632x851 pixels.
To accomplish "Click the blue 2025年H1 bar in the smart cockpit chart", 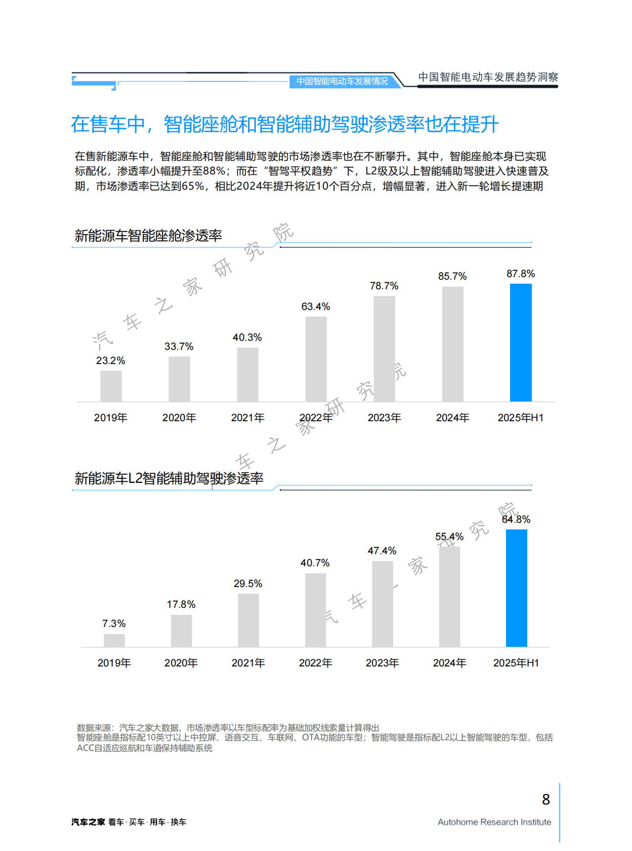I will [x=521, y=342].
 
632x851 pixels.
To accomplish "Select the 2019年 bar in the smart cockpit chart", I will [x=111, y=386].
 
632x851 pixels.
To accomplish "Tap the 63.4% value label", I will [x=315, y=306].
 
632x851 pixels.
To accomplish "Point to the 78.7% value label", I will [x=384, y=286].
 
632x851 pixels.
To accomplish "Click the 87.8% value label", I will [x=521, y=274].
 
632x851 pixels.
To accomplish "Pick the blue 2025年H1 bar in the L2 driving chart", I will [x=516, y=588].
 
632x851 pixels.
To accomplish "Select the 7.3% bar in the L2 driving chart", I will [x=114, y=640].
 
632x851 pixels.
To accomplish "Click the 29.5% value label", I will [x=248, y=584].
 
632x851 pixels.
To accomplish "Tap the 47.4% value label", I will [x=382, y=551].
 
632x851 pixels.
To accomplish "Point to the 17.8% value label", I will [x=181, y=604].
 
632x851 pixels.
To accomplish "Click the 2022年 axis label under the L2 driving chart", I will [x=315, y=663].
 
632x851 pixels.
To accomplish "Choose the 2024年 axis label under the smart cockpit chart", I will [x=452, y=418].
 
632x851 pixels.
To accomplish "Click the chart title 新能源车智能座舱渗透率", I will [x=148, y=236].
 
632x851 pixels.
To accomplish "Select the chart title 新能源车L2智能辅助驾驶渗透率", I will [x=169, y=478].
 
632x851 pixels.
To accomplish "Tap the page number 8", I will [x=545, y=799].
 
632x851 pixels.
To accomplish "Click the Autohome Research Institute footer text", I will [x=494, y=822].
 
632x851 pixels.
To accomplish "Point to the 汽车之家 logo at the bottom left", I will [x=88, y=822].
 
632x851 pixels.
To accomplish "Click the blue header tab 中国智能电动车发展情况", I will [x=342, y=81].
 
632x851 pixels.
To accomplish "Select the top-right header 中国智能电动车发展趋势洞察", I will [x=488, y=77].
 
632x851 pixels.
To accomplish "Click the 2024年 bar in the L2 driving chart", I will [x=449, y=597].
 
